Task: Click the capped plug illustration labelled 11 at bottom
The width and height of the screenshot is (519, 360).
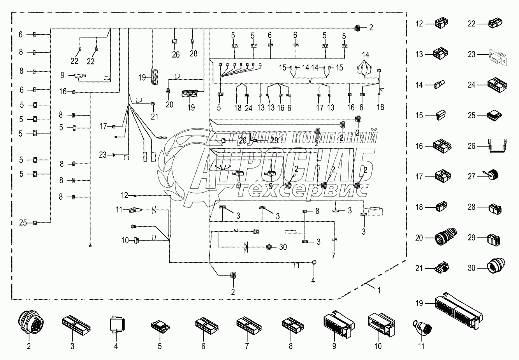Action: pyautogui.click(x=421, y=326)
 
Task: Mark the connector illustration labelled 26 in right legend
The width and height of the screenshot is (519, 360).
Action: pyautogui.click(x=494, y=146)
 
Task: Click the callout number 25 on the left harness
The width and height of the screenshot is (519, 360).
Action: pyautogui.click(x=23, y=223)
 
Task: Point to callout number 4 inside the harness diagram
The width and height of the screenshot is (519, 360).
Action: pyautogui.click(x=313, y=280)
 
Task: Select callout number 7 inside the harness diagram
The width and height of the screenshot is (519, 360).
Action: pyautogui.click(x=333, y=256)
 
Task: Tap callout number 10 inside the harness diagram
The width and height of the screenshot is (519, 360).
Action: pyautogui.click(x=125, y=241)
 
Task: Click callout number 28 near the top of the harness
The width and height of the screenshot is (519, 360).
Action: pyautogui.click(x=194, y=54)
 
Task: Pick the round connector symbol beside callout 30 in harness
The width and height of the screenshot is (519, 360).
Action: pyautogui.click(x=268, y=247)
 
